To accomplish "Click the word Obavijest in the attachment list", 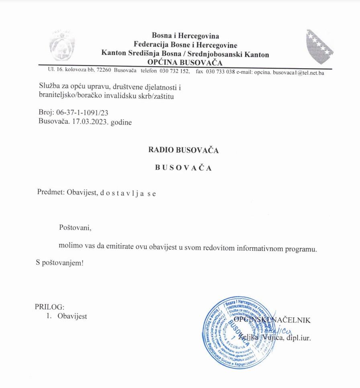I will [x=72, y=316].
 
